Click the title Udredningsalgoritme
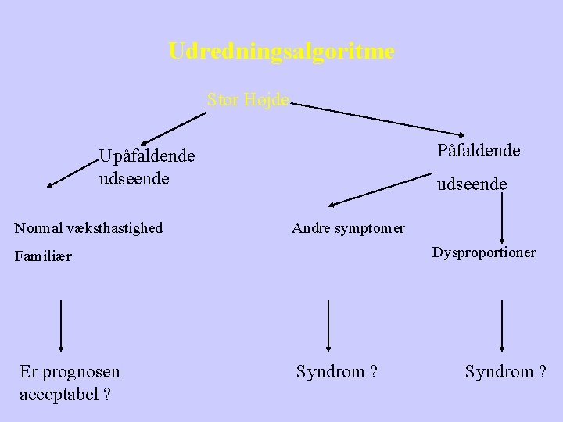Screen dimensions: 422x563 click(281, 52)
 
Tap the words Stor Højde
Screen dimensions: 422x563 click(248, 99)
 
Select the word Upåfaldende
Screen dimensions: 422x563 click(147, 156)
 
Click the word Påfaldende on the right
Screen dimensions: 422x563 click(479, 150)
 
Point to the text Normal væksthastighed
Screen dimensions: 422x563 click(89, 228)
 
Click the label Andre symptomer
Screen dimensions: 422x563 click(348, 228)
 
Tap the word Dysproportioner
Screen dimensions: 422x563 click(485, 252)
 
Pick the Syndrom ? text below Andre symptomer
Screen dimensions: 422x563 click(337, 372)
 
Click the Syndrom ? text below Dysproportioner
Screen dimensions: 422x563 click(505, 372)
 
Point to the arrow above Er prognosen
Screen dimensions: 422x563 click(61, 324)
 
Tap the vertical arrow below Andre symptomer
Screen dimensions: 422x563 click(328, 324)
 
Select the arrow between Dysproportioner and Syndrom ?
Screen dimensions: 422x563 click(501, 324)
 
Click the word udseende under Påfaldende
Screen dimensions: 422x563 click(472, 184)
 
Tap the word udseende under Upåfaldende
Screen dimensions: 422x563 click(134, 178)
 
